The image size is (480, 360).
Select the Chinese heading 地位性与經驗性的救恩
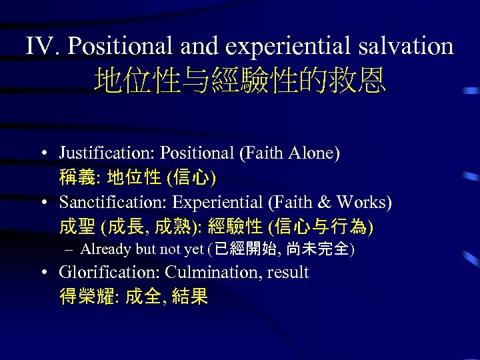240,82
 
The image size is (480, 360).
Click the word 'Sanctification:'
113,202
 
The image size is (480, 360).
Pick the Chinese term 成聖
77,227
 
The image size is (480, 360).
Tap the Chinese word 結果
189,297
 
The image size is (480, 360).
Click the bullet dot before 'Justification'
42,153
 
